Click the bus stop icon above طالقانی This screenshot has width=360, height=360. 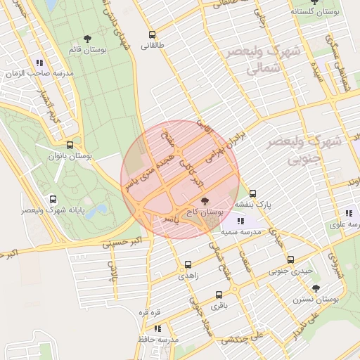(x=152, y=34)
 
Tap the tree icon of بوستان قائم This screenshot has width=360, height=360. (x=87, y=39)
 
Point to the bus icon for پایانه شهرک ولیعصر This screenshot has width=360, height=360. (x=53, y=200)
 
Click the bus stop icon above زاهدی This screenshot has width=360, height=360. (x=188, y=264)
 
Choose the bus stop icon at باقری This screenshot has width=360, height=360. (x=219, y=295)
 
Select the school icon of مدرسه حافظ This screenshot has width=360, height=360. (x=157, y=328)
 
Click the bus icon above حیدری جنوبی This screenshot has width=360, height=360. (x=291, y=259)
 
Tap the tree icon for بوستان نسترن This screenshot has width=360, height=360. (x=316, y=288)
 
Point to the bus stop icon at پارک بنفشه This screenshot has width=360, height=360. (x=253, y=193)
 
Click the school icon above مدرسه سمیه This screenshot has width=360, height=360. (x=241, y=221)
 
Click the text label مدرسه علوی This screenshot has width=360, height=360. (x=345, y=225)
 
